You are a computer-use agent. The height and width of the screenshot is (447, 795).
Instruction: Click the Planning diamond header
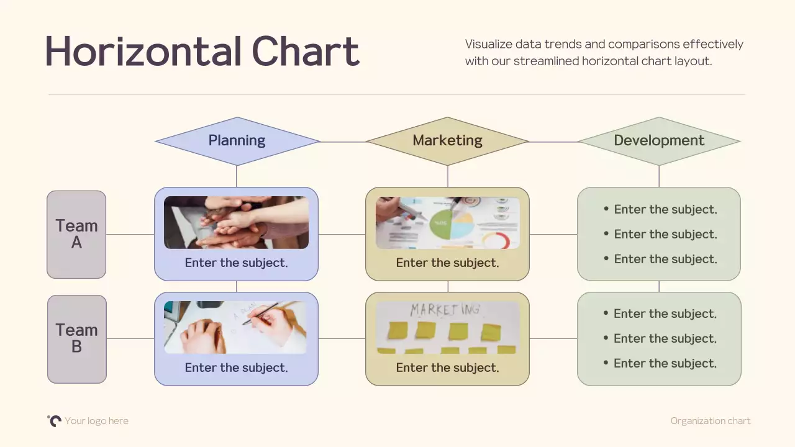[x=237, y=141]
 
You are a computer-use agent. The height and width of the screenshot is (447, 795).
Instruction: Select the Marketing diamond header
[x=447, y=141]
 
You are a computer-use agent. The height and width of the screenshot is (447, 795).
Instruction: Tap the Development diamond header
[x=659, y=141]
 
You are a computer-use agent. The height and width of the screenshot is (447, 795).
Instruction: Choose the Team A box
[x=76, y=235]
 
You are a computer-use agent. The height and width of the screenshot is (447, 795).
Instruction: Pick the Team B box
[x=76, y=339]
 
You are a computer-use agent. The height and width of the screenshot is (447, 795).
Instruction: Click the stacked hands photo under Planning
[x=236, y=223]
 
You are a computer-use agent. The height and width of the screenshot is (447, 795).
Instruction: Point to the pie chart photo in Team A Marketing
[x=447, y=223]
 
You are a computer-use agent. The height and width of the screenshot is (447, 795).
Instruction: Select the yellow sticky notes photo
[x=447, y=327]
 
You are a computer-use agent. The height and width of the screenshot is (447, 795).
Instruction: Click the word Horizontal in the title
[x=143, y=52]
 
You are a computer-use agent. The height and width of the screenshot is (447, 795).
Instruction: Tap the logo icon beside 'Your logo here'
[x=55, y=421]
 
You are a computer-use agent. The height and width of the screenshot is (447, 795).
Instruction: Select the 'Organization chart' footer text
[x=711, y=421]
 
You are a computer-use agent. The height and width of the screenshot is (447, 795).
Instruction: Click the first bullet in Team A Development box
[x=665, y=210]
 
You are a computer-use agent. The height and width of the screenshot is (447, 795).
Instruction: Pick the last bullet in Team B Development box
[x=665, y=364]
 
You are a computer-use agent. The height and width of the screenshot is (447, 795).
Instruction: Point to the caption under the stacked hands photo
[x=236, y=263]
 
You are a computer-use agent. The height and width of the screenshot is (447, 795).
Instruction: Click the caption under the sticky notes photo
[x=447, y=368]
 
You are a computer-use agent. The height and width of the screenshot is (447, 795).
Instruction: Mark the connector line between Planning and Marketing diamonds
[x=343, y=142]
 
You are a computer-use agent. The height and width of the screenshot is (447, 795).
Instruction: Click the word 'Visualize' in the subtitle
[x=488, y=44]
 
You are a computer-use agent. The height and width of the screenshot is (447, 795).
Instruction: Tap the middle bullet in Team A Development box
[x=665, y=235]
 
